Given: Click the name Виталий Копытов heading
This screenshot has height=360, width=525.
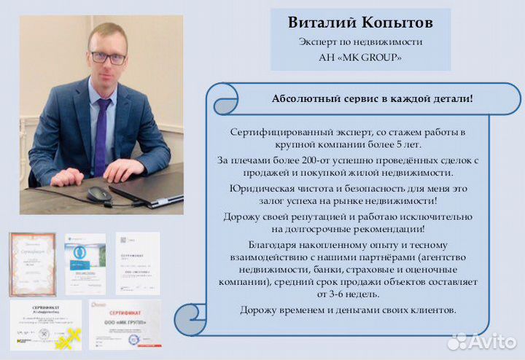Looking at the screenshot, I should coord(360,23).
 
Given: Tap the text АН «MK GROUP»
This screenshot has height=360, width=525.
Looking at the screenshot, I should coord(360,57).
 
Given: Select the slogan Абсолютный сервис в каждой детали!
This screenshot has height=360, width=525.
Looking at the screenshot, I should coord(372,98).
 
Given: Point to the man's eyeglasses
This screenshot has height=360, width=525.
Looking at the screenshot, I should coord(108,57).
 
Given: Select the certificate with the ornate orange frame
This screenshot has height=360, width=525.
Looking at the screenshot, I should coord(32,263).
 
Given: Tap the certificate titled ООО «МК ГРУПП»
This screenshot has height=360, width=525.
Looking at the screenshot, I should coord(125,324).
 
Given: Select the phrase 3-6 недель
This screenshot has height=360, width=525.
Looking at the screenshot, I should coord(345,294).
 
